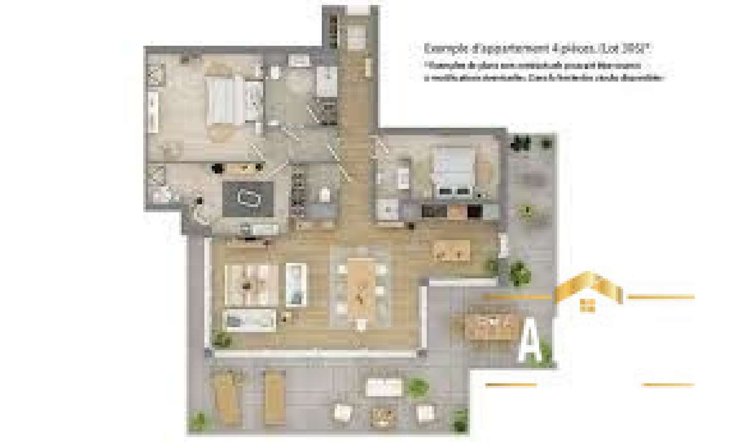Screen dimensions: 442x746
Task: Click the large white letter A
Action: (x=529, y=340)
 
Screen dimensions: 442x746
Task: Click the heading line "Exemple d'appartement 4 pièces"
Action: (x=537, y=49)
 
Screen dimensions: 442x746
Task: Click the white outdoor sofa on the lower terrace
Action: (x=384, y=387)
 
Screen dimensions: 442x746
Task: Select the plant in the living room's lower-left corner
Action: (x=221, y=339)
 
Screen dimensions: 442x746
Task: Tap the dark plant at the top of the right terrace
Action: (x=520, y=143)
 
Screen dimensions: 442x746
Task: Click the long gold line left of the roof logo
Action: (x=517, y=297)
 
